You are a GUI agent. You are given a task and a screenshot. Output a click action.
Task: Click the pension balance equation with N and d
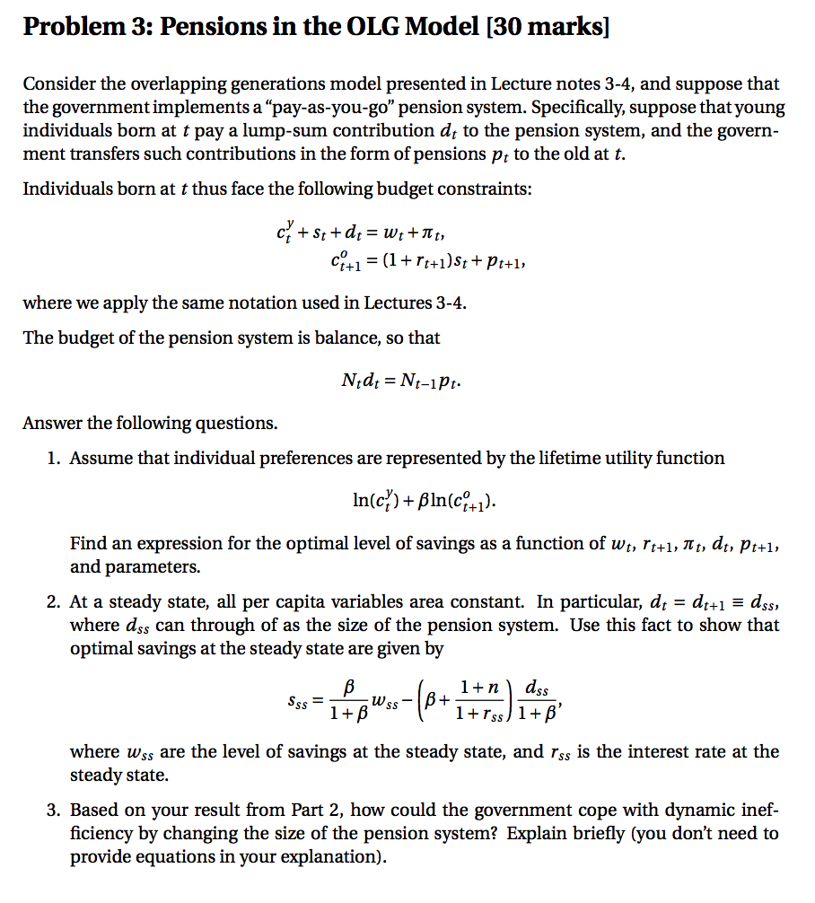tap(405, 381)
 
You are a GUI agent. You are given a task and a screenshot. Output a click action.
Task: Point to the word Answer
tap(52, 423)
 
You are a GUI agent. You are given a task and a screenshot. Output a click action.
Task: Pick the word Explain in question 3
tap(539, 833)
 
